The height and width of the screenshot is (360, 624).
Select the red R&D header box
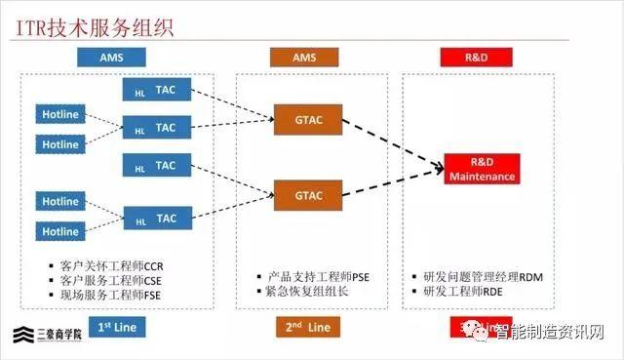477,58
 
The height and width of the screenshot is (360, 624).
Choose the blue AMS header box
110,58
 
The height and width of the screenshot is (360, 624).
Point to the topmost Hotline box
60,114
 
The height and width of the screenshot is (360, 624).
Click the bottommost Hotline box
60,232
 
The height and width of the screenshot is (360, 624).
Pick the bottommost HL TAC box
157,220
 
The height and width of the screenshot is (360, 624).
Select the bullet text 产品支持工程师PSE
307,277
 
